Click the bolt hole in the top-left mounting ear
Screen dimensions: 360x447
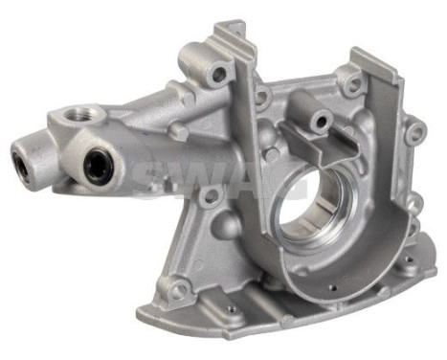[x=221, y=74]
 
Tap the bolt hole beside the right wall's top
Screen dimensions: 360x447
[x=353, y=85]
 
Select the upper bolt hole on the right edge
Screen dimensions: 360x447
[x=413, y=134]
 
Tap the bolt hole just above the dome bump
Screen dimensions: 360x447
[x=209, y=196]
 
